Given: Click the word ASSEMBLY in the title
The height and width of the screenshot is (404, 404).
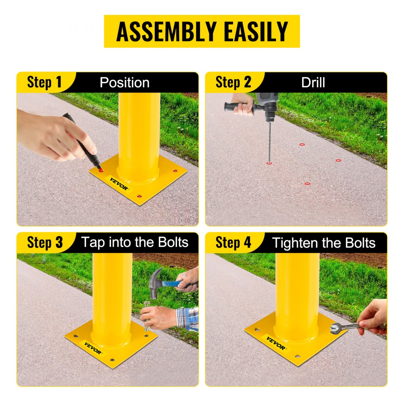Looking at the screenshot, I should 162,32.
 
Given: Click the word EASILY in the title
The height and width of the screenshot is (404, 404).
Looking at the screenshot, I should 255,32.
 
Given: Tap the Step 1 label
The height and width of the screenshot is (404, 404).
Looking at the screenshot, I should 44,82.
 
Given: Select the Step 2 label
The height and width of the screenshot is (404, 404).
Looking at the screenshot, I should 233,82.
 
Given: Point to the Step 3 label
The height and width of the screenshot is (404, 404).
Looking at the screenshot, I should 45,242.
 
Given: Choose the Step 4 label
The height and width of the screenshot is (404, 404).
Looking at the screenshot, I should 233,242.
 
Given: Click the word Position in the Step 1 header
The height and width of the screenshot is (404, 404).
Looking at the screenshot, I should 124,82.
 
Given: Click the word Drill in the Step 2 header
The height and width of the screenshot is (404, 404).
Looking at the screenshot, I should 313,82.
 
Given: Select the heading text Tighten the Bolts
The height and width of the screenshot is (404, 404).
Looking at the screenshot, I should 324,243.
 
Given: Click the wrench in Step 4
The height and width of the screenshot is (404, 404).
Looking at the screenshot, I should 343,326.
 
